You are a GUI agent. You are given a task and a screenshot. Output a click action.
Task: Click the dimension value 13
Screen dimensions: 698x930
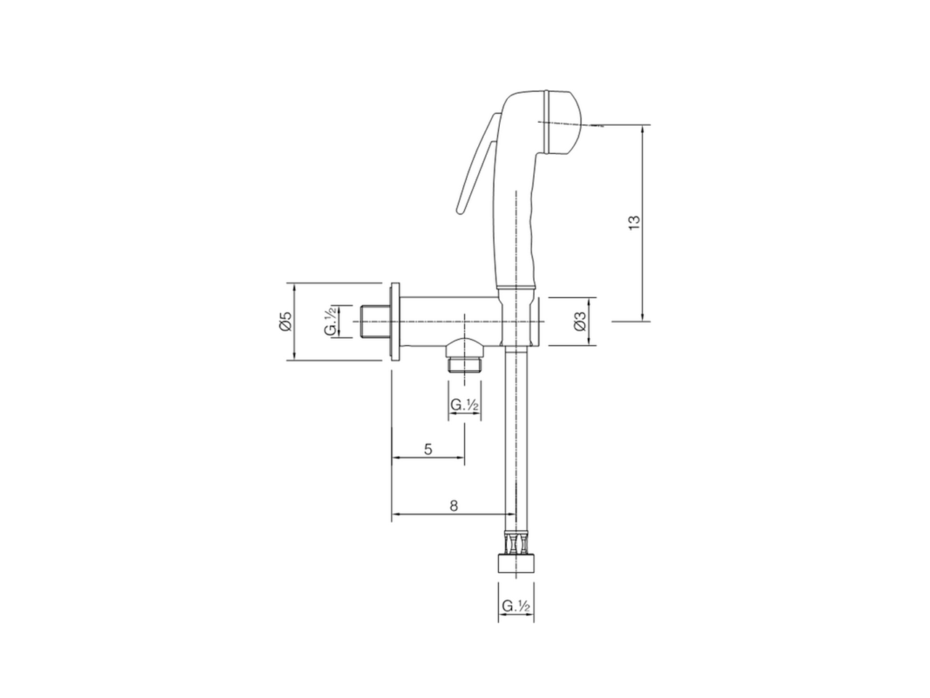(633, 223)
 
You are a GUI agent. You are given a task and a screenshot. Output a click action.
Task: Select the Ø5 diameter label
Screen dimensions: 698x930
(286, 321)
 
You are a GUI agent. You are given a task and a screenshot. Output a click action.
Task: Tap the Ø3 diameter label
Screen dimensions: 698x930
(579, 321)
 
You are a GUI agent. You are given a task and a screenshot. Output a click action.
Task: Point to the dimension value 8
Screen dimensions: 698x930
(453, 506)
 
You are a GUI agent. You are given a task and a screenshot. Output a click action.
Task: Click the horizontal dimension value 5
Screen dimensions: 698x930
(428, 449)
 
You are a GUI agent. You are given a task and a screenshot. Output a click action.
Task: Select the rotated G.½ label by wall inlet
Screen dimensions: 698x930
(331, 321)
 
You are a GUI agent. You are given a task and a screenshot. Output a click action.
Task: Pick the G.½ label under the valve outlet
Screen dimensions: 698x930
(464, 405)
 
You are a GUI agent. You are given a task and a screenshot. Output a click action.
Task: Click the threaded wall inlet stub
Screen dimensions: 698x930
(375, 321)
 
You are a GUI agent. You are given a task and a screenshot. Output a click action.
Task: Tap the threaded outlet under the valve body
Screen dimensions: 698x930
(464, 361)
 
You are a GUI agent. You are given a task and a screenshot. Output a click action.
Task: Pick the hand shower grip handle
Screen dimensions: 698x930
(517, 233)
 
